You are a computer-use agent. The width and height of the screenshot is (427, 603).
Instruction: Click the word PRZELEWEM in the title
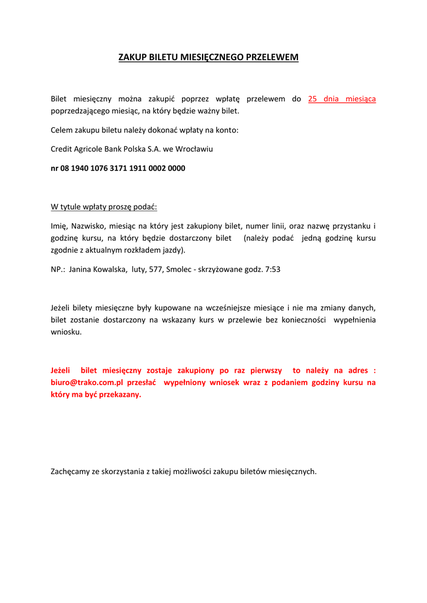pyautogui.click(x=272, y=57)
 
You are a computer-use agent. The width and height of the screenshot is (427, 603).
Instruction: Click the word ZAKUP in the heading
pyautogui.click(x=131, y=57)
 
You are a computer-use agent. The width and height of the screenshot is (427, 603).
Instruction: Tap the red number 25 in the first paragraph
pyautogui.click(x=313, y=99)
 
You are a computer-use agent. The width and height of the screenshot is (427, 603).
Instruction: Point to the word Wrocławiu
pyautogui.click(x=195, y=149)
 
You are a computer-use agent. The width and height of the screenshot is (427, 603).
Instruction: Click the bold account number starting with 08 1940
pyautogui.click(x=118, y=168)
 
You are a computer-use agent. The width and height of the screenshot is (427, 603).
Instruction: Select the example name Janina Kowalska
pyautogui.click(x=97, y=270)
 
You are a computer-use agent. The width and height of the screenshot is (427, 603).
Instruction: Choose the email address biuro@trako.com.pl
pyautogui.click(x=86, y=382)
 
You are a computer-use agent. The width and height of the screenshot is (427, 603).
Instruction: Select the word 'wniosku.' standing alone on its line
pyautogui.click(x=66, y=332)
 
